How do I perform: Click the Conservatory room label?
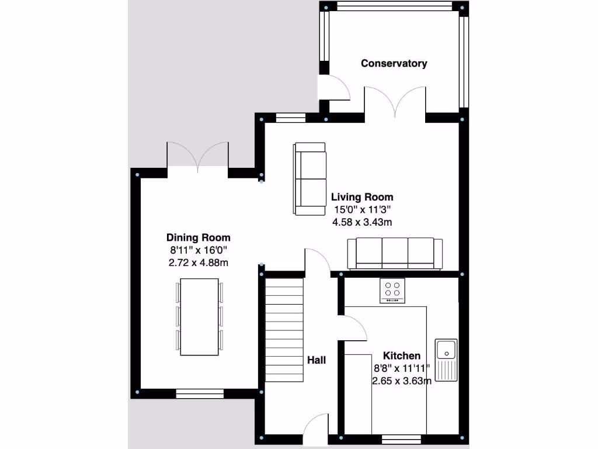[x=394, y=63]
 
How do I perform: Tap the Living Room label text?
[x=362, y=197]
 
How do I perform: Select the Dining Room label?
[x=199, y=237]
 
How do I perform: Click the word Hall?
[x=317, y=360]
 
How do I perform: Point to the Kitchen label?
[x=401, y=355]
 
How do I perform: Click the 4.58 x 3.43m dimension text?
[x=362, y=222]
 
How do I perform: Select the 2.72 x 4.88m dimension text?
[x=199, y=263]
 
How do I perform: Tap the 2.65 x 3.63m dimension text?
[x=402, y=381]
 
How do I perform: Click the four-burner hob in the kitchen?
[x=392, y=291]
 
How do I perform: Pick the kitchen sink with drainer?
[x=447, y=359]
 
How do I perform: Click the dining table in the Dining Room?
[x=199, y=316]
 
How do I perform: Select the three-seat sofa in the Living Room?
[x=395, y=253]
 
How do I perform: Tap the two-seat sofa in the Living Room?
[x=310, y=179]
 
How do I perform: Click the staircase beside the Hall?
[x=285, y=330]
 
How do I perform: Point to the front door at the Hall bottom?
[x=316, y=431]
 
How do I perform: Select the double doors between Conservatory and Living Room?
[x=395, y=101]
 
